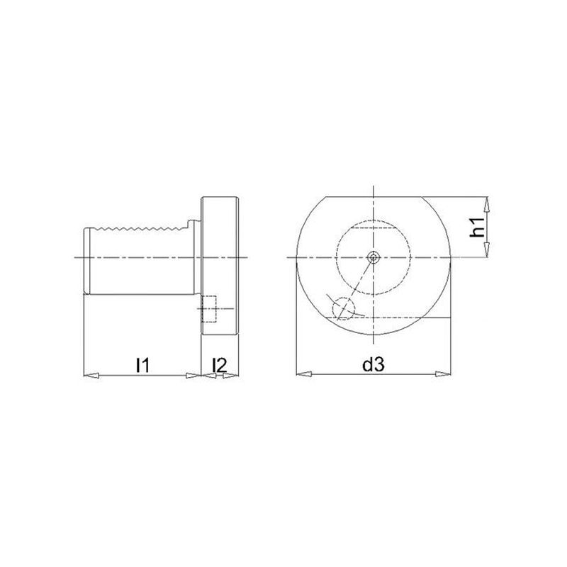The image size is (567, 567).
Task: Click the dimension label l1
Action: [x=142, y=365]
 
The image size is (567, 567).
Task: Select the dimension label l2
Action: [x=220, y=365]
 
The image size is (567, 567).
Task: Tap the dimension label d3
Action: [x=374, y=365]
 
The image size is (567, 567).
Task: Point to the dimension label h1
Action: [x=477, y=227]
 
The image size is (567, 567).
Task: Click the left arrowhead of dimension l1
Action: [x=91, y=376]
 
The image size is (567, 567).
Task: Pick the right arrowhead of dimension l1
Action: [x=193, y=376]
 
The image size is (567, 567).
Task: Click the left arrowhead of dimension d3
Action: [x=304, y=374]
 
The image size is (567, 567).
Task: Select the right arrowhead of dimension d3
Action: [x=443, y=374]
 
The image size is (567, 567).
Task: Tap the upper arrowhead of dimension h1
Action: [x=487, y=204]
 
